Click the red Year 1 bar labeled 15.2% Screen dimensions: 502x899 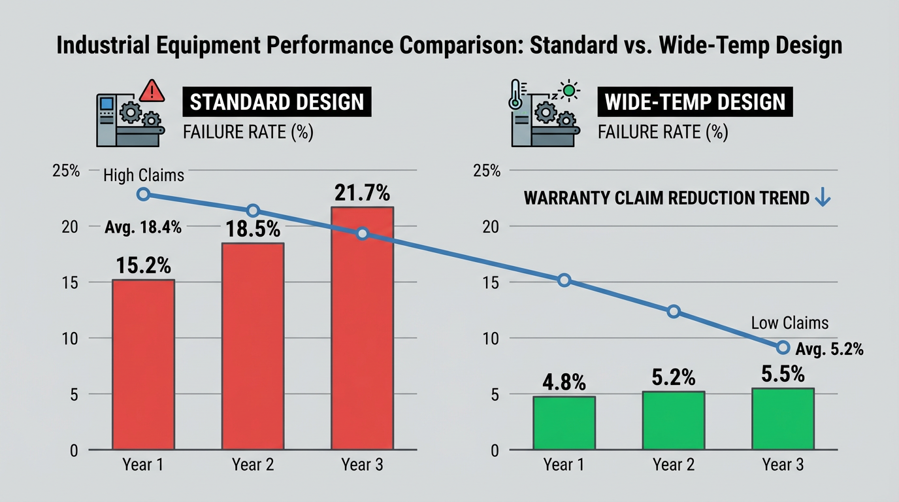[143, 364]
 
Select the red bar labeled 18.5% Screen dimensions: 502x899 [253, 346]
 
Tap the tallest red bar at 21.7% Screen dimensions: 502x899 [363, 328]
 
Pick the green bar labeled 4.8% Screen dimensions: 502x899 [564, 423]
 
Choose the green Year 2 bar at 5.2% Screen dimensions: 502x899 [674, 420]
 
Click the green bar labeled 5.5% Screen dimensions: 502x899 [783, 419]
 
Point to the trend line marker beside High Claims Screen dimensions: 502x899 [144, 194]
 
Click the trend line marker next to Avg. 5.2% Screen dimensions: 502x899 [783, 347]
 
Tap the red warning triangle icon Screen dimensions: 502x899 [152, 90]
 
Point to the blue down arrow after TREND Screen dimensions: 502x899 [823, 197]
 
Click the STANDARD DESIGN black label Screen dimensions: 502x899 [276, 103]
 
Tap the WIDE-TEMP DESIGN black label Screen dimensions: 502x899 [695, 103]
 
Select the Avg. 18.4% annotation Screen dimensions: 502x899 [143, 228]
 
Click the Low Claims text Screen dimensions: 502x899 [789, 323]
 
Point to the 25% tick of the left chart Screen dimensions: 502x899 [66, 171]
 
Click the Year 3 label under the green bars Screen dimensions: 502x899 [783, 465]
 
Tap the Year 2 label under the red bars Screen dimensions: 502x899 [253, 465]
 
